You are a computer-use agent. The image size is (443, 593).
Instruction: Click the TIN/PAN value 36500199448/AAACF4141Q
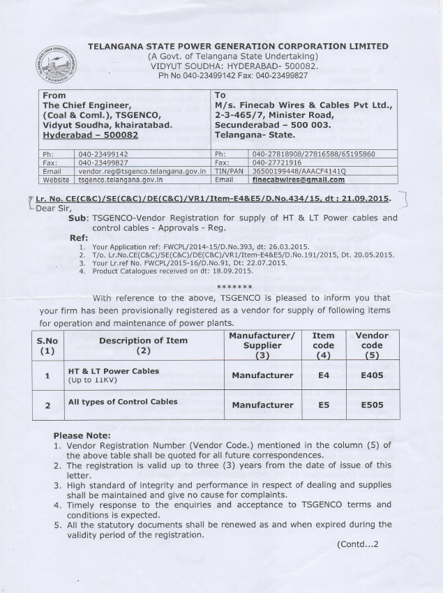(298, 170)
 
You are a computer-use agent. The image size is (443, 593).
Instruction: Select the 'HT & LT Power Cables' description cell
(112, 371)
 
